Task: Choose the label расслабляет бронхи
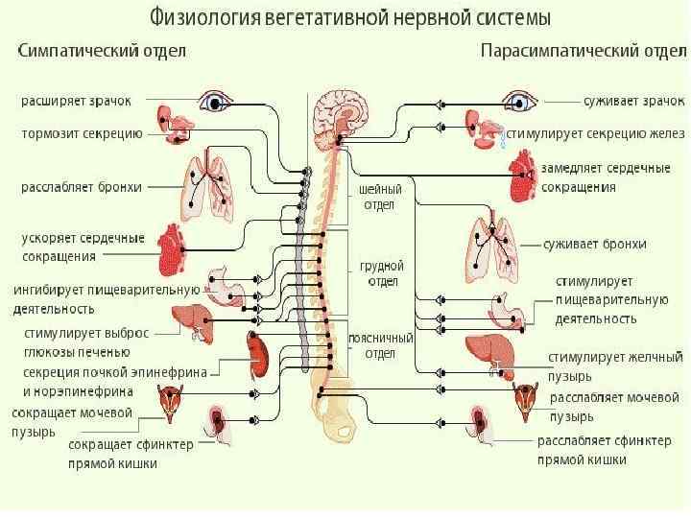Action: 82,187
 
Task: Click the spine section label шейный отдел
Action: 379,197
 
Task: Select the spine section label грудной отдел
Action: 381,273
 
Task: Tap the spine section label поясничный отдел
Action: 381,345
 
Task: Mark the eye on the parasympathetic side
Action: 519,101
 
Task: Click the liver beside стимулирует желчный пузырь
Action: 489,351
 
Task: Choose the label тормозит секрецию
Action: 82,134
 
